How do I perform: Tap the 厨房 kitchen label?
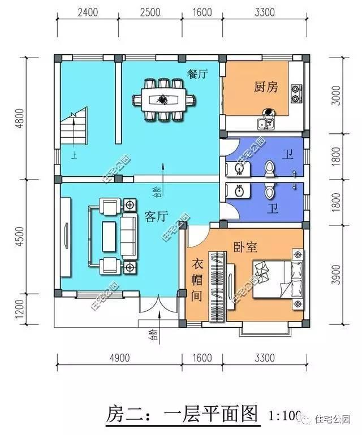(x=265, y=87)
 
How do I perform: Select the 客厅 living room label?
(x=157, y=217)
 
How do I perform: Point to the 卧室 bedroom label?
(x=245, y=247)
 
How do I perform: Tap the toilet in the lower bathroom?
(x=270, y=192)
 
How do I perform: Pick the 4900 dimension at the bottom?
(x=119, y=358)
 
